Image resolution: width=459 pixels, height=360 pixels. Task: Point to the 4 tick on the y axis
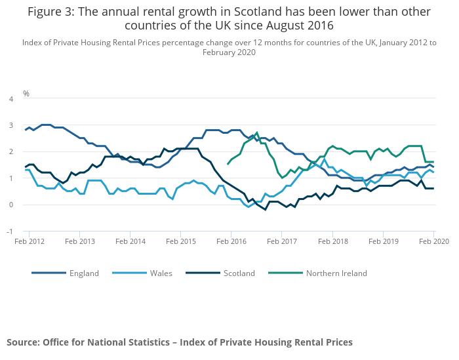click(x=10, y=99)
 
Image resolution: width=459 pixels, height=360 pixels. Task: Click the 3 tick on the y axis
click(x=10, y=125)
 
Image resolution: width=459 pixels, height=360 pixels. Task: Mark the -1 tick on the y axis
click(x=9, y=231)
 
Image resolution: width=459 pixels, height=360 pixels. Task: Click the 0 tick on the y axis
click(x=10, y=205)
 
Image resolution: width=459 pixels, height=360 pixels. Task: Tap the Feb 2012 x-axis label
click(x=30, y=242)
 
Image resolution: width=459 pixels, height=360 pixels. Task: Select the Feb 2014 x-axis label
click(x=130, y=242)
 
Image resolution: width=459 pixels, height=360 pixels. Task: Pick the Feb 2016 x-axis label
click(x=231, y=242)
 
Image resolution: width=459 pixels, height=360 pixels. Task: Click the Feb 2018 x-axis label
click(x=332, y=242)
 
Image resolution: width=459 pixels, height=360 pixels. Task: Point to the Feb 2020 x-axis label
click(x=433, y=242)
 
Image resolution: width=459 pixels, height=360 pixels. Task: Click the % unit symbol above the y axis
click(x=26, y=94)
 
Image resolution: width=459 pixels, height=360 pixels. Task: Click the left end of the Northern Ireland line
click(x=228, y=164)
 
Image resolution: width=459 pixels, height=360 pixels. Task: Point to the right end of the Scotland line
click(x=433, y=188)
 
